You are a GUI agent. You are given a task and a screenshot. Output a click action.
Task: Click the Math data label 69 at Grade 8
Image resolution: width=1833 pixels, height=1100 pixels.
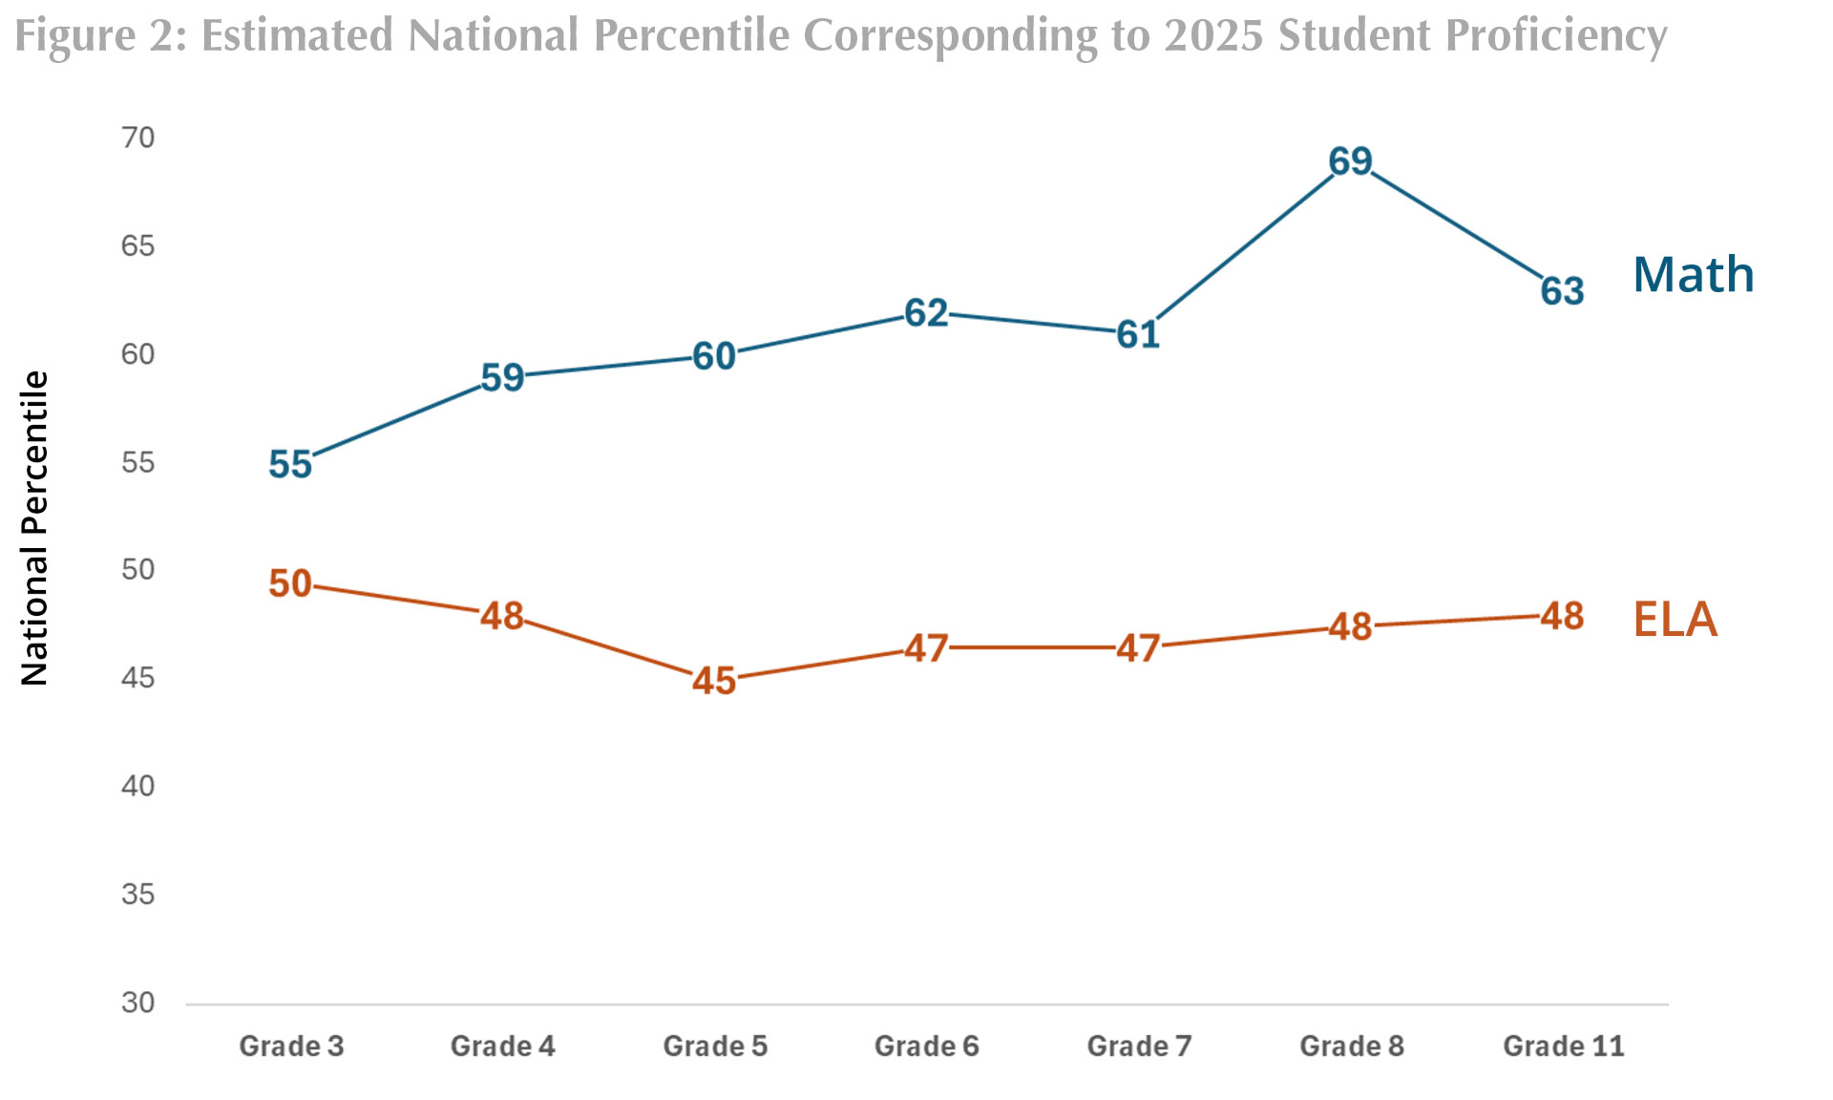(x=1350, y=161)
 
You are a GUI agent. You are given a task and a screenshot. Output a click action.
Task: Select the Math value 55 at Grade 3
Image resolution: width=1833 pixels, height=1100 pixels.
(x=290, y=464)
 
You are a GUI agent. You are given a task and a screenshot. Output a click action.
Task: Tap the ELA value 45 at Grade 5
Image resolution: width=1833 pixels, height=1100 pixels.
(x=714, y=681)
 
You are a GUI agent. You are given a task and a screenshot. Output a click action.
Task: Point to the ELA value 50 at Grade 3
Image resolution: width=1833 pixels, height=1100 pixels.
(x=290, y=583)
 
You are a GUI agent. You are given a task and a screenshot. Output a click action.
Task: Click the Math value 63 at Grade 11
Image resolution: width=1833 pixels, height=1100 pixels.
(x=1562, y=291)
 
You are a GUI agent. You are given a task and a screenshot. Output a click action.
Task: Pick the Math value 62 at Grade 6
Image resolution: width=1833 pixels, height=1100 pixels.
(x=926, y=313)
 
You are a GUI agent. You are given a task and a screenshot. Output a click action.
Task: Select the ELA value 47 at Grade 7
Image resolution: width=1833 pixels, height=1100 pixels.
(x=1138, y=648)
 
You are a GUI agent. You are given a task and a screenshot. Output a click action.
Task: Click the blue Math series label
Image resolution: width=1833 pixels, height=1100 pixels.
(x=1693, y=275)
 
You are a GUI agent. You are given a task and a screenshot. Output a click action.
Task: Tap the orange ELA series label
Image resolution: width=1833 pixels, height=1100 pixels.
(x=1675, y=620)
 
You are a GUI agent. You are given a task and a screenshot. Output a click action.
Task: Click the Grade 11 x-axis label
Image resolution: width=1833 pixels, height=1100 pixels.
(x=1563, y=1047)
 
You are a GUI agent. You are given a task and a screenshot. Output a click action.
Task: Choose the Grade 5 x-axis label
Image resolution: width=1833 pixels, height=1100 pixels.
(x=715, y=1047)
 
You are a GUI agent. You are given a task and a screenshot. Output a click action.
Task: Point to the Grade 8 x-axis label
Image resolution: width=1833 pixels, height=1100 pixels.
(x=1351, y=1047)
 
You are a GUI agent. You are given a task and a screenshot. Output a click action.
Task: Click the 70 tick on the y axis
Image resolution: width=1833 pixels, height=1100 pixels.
(x=137, y=138)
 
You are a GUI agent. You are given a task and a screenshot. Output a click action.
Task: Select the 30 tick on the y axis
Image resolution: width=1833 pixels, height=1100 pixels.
(x=137, y=1003)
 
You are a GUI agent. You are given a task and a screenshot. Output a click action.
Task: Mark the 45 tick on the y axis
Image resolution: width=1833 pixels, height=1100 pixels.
(x=137, y=679)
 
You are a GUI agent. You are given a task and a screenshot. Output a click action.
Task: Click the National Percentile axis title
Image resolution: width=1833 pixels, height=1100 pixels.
(x=34, y=528)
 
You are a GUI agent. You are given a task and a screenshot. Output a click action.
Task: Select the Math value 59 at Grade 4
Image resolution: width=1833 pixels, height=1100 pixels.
(x=502, y=378)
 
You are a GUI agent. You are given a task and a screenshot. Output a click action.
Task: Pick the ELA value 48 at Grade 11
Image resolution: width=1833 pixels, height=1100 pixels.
(x=1562, y=617)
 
